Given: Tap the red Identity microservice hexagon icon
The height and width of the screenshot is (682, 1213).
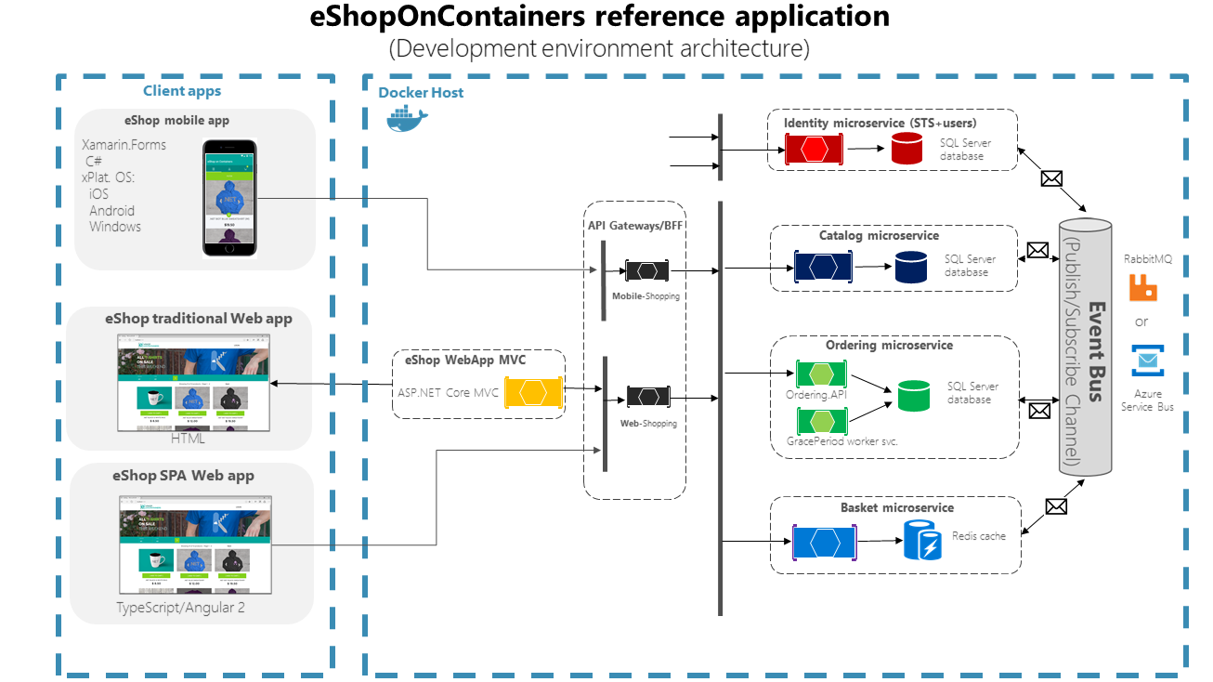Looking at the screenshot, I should (814, 149).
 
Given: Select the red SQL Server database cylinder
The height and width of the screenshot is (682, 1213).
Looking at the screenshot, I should (907, 149).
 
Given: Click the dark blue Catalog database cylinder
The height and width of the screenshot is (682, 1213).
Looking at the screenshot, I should (911, 267).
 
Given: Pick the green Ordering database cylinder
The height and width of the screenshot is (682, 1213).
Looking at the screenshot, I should (913, 395).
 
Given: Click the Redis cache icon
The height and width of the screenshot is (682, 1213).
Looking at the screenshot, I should (922, 541).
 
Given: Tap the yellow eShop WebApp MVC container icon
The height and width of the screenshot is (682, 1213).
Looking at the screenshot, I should (534, 392).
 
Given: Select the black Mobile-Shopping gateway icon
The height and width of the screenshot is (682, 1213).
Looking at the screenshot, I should (647, 270).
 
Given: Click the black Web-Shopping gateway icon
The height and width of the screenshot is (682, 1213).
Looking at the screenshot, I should (648, 397).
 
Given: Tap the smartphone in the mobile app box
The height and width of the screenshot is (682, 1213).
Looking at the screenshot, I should (229, 197).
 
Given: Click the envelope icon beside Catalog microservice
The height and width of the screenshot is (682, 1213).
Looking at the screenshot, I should (1037, 250).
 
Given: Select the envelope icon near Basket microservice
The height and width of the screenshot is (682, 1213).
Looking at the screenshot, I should (1056, 506).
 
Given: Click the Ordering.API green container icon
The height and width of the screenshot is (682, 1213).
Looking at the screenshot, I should (821, 374).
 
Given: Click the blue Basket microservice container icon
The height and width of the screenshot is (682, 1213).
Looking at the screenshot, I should (824, 543).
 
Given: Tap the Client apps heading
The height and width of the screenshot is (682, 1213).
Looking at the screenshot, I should (182, 91).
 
